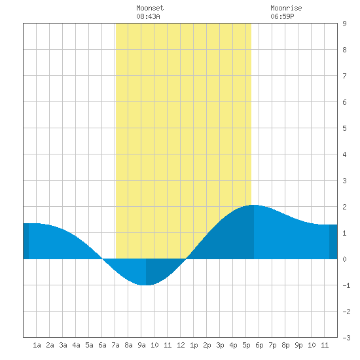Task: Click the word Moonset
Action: click(x=150, y=8)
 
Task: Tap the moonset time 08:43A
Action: click(x=148, y=16)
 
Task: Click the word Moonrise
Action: click(x=286, y=8)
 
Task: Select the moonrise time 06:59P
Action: click(x=282, y=16)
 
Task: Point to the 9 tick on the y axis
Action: click(x=344, y=24)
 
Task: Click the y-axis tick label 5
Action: click(x=344, y=128)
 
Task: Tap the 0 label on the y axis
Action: click(x=344, y=259)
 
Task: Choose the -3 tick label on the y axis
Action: click(x=346, y=338)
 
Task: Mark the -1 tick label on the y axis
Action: click(x=346, y=285)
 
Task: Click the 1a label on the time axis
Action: click(x=37, y=345)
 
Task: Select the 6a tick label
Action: click(x=102, y=345)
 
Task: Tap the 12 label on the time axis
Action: click(x=181, y=345)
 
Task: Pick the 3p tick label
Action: click(x=220, y=345)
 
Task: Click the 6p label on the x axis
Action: click(x=259, y=345)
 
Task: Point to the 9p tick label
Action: click(x=298, y=345)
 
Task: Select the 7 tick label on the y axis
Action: click(x=344, y=76)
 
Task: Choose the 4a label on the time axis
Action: click(x=76, y=345)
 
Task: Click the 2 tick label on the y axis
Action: click(x=344, y=207)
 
